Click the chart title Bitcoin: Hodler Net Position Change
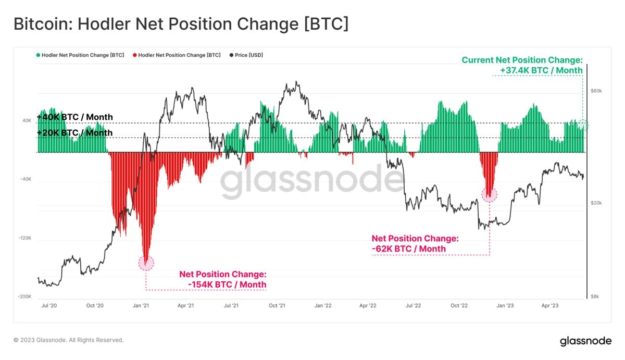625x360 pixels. [x=180, y=24]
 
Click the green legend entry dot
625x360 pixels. [x=38, y=55]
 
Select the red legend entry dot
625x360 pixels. [x=135, y=55]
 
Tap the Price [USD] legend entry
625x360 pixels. [x=249, y=55]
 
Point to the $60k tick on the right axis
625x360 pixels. [x=596, y=91]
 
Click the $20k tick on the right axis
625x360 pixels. [x=596, y=203]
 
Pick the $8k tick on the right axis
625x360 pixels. [x=595, y=296]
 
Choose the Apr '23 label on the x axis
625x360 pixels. [x=550, y=306]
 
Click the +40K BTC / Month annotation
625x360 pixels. [x=74, y=117]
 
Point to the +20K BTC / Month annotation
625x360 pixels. [x=74, y=133]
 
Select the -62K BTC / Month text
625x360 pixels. [x=409, y=249]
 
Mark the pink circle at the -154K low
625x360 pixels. [x=146, y=263]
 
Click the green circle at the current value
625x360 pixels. [x=583, y=125]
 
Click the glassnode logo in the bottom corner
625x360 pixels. [x=585, y=341]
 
